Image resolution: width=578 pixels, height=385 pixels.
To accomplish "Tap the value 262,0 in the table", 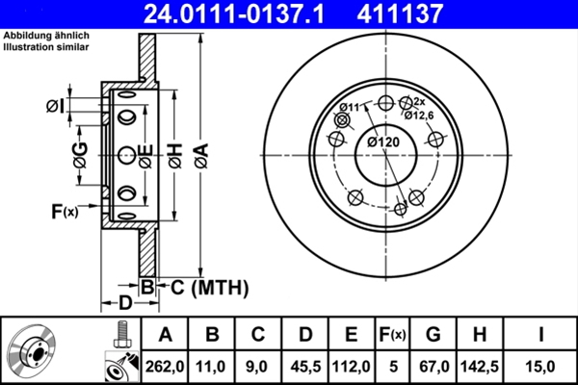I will [x=165, y=366].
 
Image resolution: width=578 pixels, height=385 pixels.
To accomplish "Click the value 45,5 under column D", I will [x=304, y=366].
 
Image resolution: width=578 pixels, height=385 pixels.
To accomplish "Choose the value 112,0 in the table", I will [x=351, y=366].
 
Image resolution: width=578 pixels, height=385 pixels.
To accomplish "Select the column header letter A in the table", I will [x=165, y=335].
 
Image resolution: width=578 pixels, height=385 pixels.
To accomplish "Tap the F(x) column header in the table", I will [x=392, y=335].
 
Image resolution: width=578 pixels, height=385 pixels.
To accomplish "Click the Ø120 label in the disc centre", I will [x=382, y=142].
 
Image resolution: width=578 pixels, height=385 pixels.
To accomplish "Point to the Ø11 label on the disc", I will [x=349, y=106].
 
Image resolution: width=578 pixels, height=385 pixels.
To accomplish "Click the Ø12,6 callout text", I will [x=421, y=115].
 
